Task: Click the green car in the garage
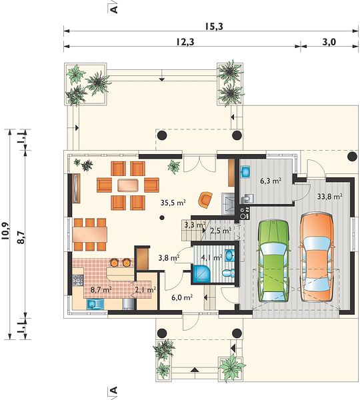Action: click(273, 261)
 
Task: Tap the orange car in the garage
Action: click(317, 257)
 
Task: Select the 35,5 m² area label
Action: click(173, 203)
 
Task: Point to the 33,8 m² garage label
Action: click(329, 197)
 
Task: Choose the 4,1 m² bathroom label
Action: click(211, 257)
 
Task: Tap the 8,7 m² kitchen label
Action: click(101, 289)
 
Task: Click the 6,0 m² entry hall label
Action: click(182, 297)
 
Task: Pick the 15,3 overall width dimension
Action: click(214, 26)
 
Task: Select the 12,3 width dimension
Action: click(185, 42)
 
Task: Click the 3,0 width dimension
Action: click(329, 42)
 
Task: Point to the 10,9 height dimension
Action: click(5, 231)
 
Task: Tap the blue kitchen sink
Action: click(95, 304)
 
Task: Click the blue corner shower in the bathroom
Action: click(201, 274)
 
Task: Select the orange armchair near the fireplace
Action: click(205, 199)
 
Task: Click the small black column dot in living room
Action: click(162, 217)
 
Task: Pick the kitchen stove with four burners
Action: click(78, 280)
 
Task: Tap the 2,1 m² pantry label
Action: click(145, 290)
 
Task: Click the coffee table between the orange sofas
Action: click(128, 185)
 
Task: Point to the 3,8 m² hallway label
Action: click(169, 257)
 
